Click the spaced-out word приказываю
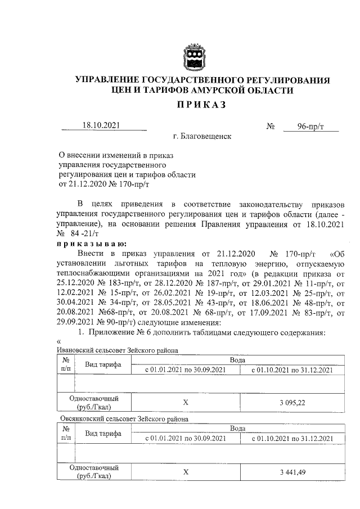coord(92,243)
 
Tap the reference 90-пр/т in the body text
coord(129,323)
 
